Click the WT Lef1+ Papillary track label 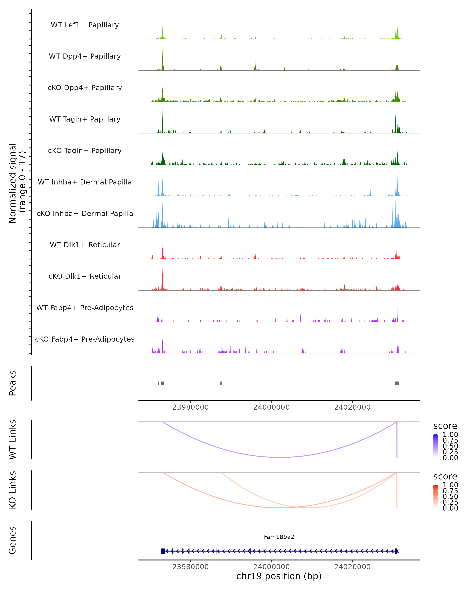pyautogui.click(x=85, y=25)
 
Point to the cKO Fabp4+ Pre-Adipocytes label pyautogui.click(x=85, y=339)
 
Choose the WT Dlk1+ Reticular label pyautogui.click(x=85, y=245)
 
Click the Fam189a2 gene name pyautogui.click(x=279, y=537)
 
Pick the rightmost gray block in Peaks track pyautogui.click(x=397, y=383)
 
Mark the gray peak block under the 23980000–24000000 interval pyautogui.click(x=221, y=383)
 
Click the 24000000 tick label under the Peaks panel pyautogui.click(x=271, y=407)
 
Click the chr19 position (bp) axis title pyautogui.click(x=279, y=576)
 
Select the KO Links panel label pyautogui.click(x=13, y=490)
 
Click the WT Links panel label pyautogui.click(x=13, y=439)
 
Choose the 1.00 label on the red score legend pyautogui.click(x=450, y=485)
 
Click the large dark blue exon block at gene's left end pyautogui.click(x=163, y=551)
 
